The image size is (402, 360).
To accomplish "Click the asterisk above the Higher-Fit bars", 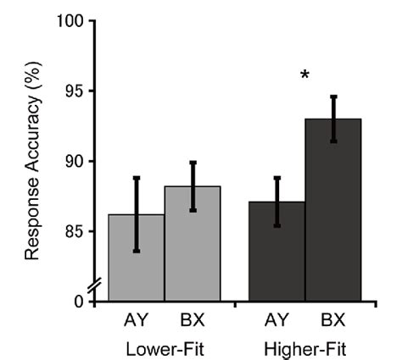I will point(304,77).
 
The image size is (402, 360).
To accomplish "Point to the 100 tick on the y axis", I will point(70,21).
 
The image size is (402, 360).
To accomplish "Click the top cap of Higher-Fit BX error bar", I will point(333,97).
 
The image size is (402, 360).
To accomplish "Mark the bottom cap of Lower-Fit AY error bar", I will point(136,252).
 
